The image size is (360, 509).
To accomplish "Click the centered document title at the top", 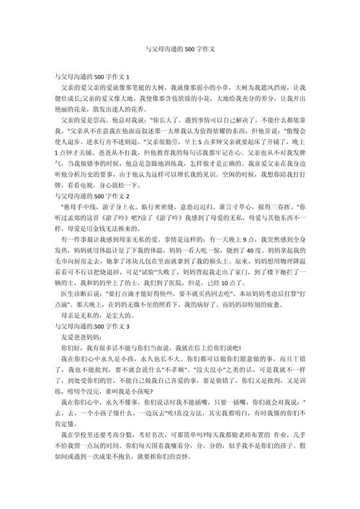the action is pos(179,50).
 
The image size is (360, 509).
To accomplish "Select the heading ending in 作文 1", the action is pos(93,76).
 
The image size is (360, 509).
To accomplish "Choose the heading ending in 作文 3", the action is pos(93,345).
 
